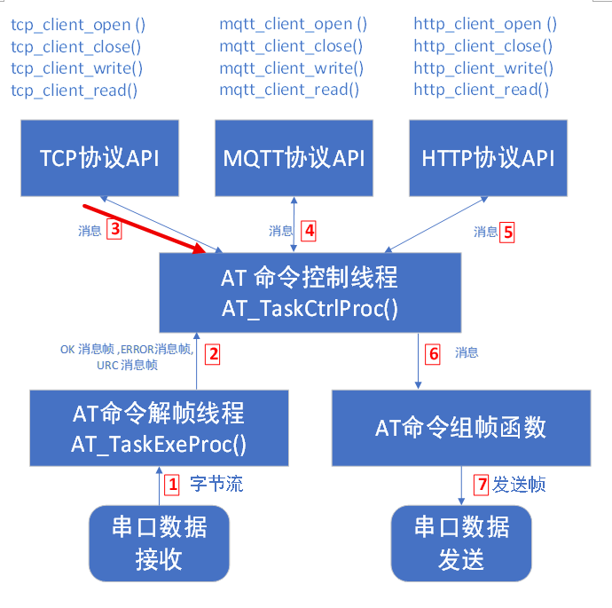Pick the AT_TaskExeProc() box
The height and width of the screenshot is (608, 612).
pyautogui.click(x=159, y=428)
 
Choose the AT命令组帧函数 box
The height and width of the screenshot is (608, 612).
pyautogui.click(x=461, y=428)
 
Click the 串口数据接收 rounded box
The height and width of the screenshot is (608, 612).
pyautogui.click(x=160, y=543)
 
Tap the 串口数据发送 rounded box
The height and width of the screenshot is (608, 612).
pyautogui.click(x=461, y=543)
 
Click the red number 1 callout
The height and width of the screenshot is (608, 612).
pyautogui.click(x=172, y=485)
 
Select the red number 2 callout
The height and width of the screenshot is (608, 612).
pyautogui.click(x=213, y=353)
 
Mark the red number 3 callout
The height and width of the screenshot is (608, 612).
pyautogui.click(x=114, y=230)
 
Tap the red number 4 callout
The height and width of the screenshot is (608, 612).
pyautogui.click(x=309, y=231)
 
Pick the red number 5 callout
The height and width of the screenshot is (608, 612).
pyautogui.click(x=507, y=232)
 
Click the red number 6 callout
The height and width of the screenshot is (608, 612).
pyautogui.click(x=434, y=353)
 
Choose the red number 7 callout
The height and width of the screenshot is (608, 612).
pyautogui.click(x=482, y=485)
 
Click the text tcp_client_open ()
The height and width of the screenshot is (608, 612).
pyautogui.click(x=83, y=25)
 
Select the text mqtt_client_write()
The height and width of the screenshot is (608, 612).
pyautogui.click(x=292, y=67)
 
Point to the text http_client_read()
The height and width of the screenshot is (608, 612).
pyautogui.click(x=481, y=89)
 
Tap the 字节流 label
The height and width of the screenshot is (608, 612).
pyautogui.click(x=216, y=485)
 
